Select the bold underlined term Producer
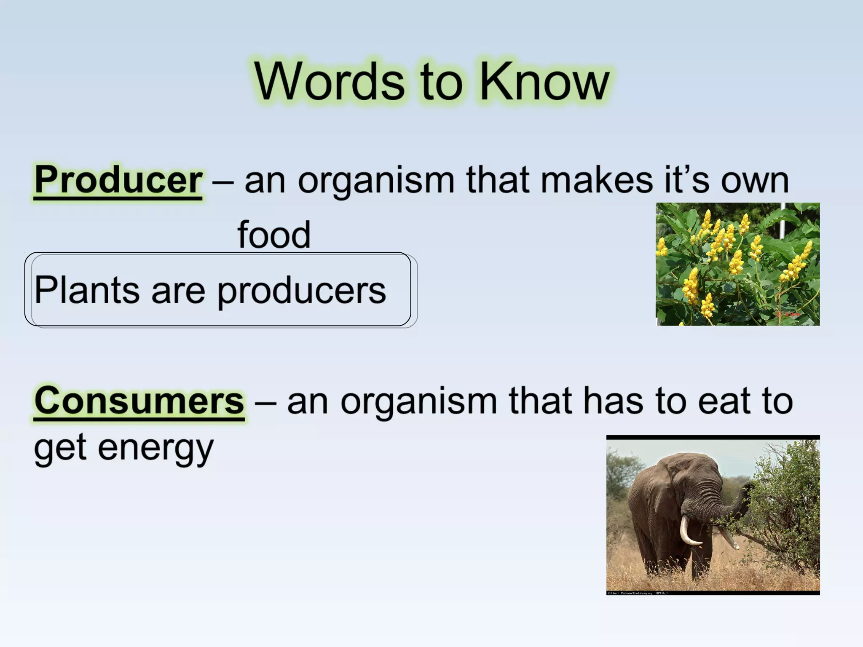pos(118,180)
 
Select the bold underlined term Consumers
pos(139,401)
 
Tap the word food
pos(274,235)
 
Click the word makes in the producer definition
pos(597,180)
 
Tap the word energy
pos(155,449)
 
